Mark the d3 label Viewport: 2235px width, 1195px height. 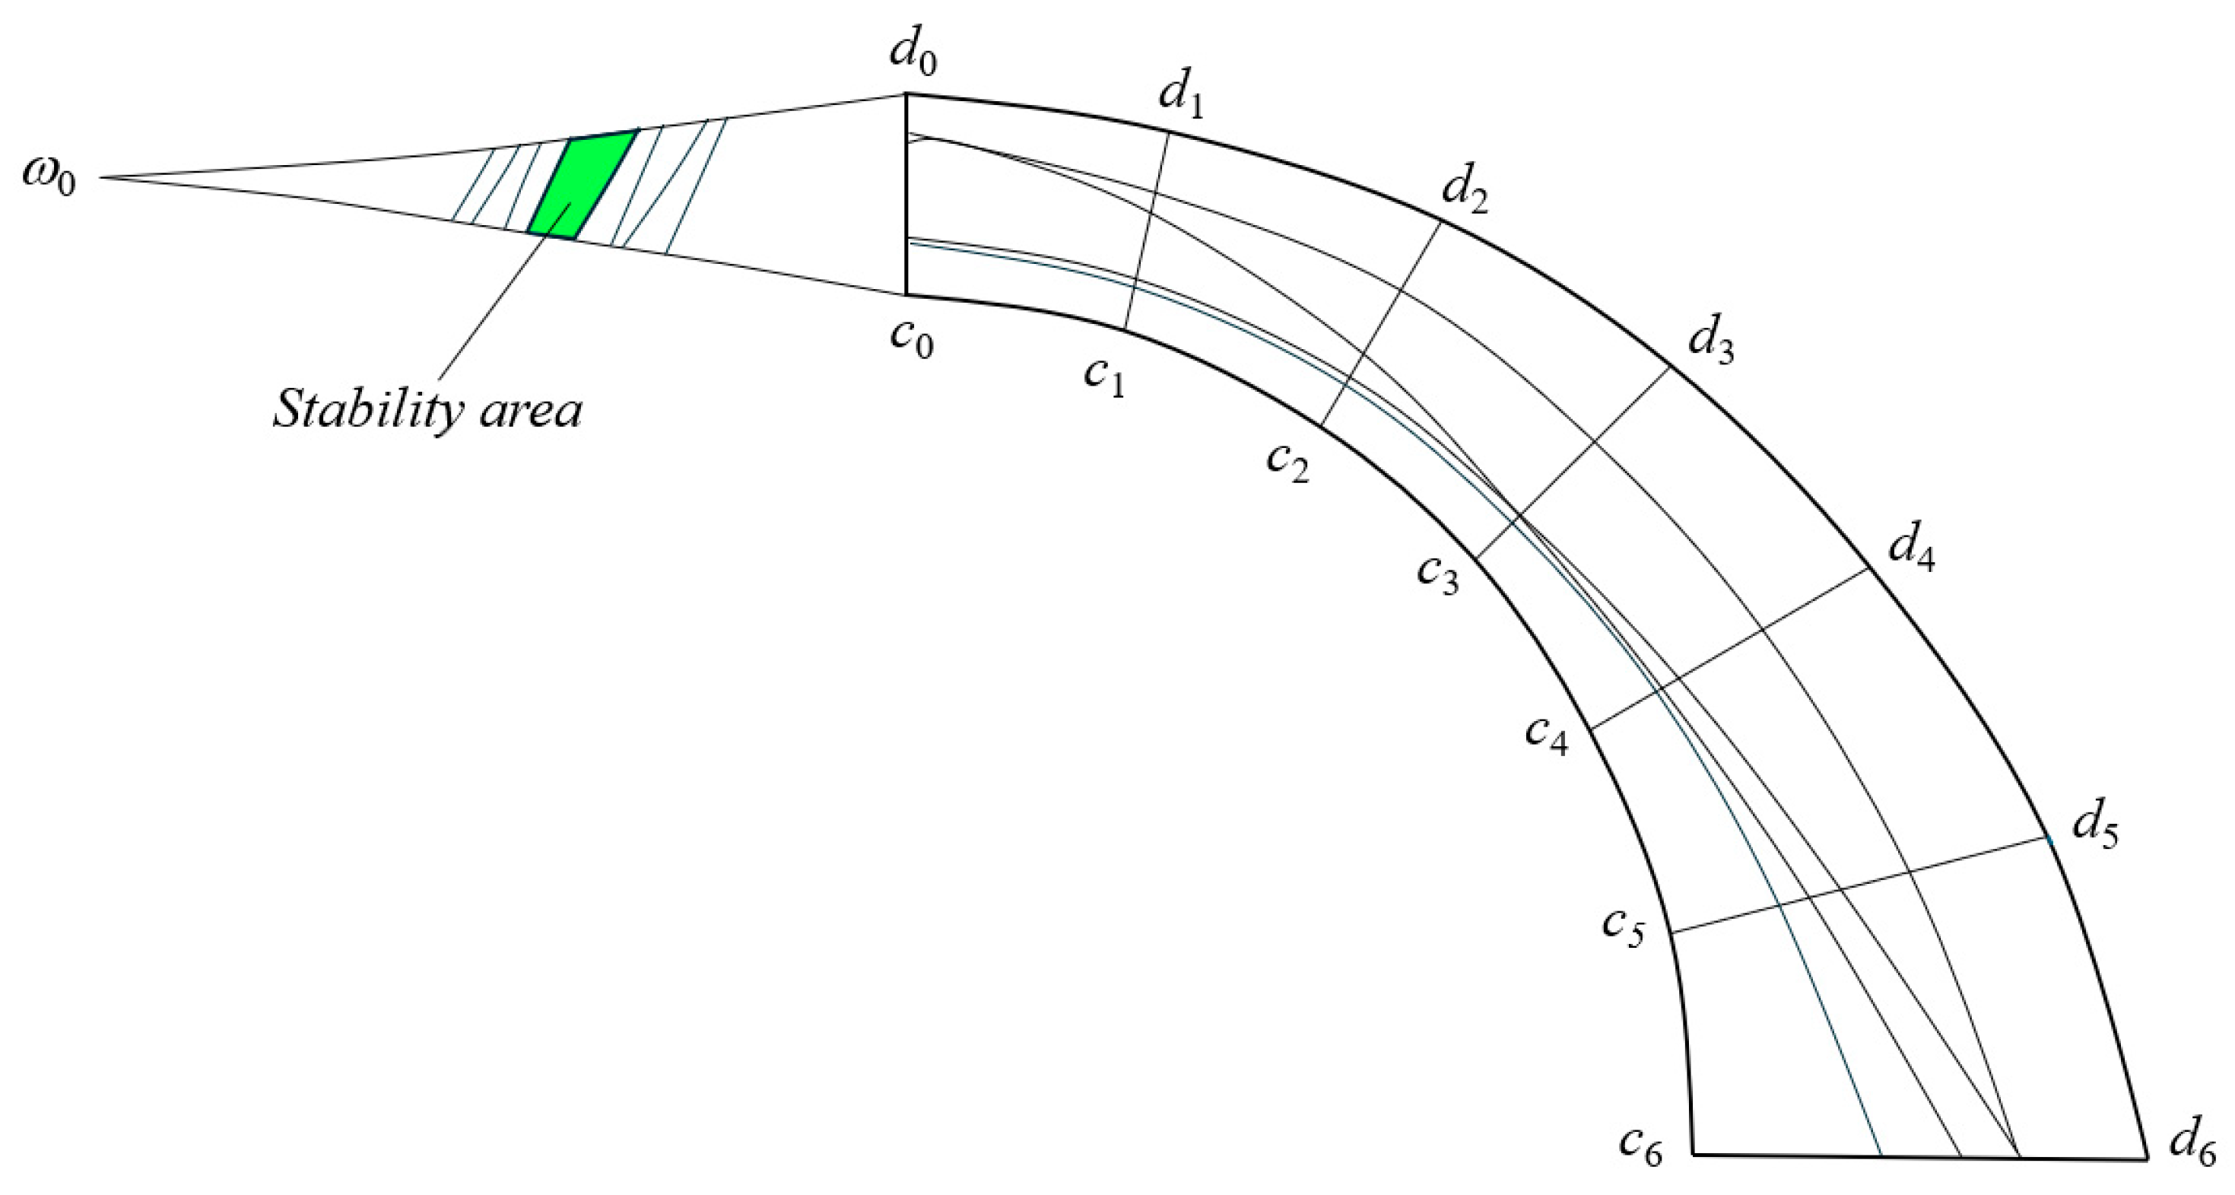[x=1710, y=341]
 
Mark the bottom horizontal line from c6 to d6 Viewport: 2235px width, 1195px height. [x=1921, y=1155]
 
